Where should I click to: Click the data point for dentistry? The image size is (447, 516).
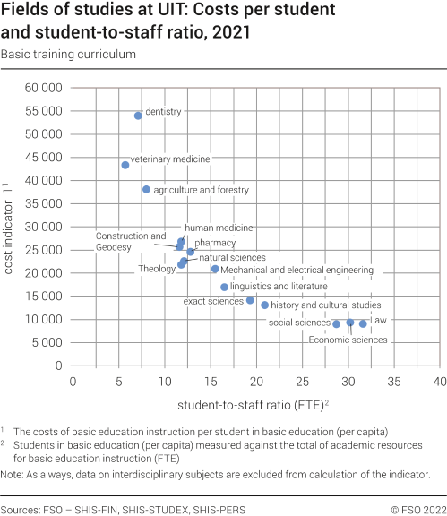(138, 116)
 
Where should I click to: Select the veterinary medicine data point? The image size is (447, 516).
(125, 165)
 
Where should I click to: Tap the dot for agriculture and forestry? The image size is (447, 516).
(146, 190)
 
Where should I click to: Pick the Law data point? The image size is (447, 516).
(363, 323)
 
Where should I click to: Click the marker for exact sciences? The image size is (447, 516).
(250, 300)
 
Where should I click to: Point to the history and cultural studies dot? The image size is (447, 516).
(265, 305)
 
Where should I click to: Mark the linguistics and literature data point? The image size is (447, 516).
(225, 287)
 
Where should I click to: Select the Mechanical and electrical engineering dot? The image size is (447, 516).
(215, 269)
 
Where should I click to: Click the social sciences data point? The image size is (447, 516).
(337, 323)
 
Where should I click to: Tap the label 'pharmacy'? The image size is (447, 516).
(215, 243)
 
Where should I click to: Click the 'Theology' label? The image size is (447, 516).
(157, 269)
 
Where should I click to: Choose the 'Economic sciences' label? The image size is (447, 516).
(348, 340)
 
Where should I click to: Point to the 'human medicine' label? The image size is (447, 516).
(219, 228)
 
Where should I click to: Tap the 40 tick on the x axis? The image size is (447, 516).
(439, 381)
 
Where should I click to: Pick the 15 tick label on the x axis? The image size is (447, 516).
(211, 381)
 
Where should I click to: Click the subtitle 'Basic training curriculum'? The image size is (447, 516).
(68, 55)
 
